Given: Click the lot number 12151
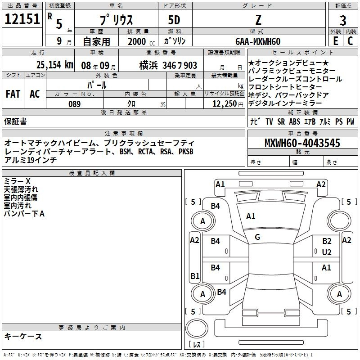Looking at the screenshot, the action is tap(22, 19).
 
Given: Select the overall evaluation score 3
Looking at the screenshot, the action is tap(343, 20).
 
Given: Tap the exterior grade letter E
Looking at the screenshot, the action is tap(336, 41).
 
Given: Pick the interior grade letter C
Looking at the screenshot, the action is tap(350, 41).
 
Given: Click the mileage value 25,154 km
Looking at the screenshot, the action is tap(55, 65).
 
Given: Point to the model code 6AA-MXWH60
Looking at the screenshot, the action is tap(258, 41).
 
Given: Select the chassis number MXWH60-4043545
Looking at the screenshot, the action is tap(302, 143).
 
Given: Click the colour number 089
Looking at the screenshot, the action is tap(75, 104).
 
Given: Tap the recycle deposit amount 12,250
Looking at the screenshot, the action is tap(225, 104).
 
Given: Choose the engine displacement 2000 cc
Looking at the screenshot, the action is tap(141, 41).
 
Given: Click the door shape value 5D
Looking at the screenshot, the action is tap(174, 20).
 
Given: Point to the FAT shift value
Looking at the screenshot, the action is tap(13, 94).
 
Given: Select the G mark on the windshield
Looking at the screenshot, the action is tap(257, 237).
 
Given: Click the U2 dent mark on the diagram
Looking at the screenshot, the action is tap(327, 252).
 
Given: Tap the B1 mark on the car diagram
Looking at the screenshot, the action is tap(195, 276).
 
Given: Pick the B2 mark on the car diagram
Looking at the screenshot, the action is tap(327, 241).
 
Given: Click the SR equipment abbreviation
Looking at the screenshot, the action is tap(281, 121).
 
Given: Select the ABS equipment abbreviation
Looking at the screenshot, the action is tap(295, 121).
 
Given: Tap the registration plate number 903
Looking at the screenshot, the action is tap(190, 65).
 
